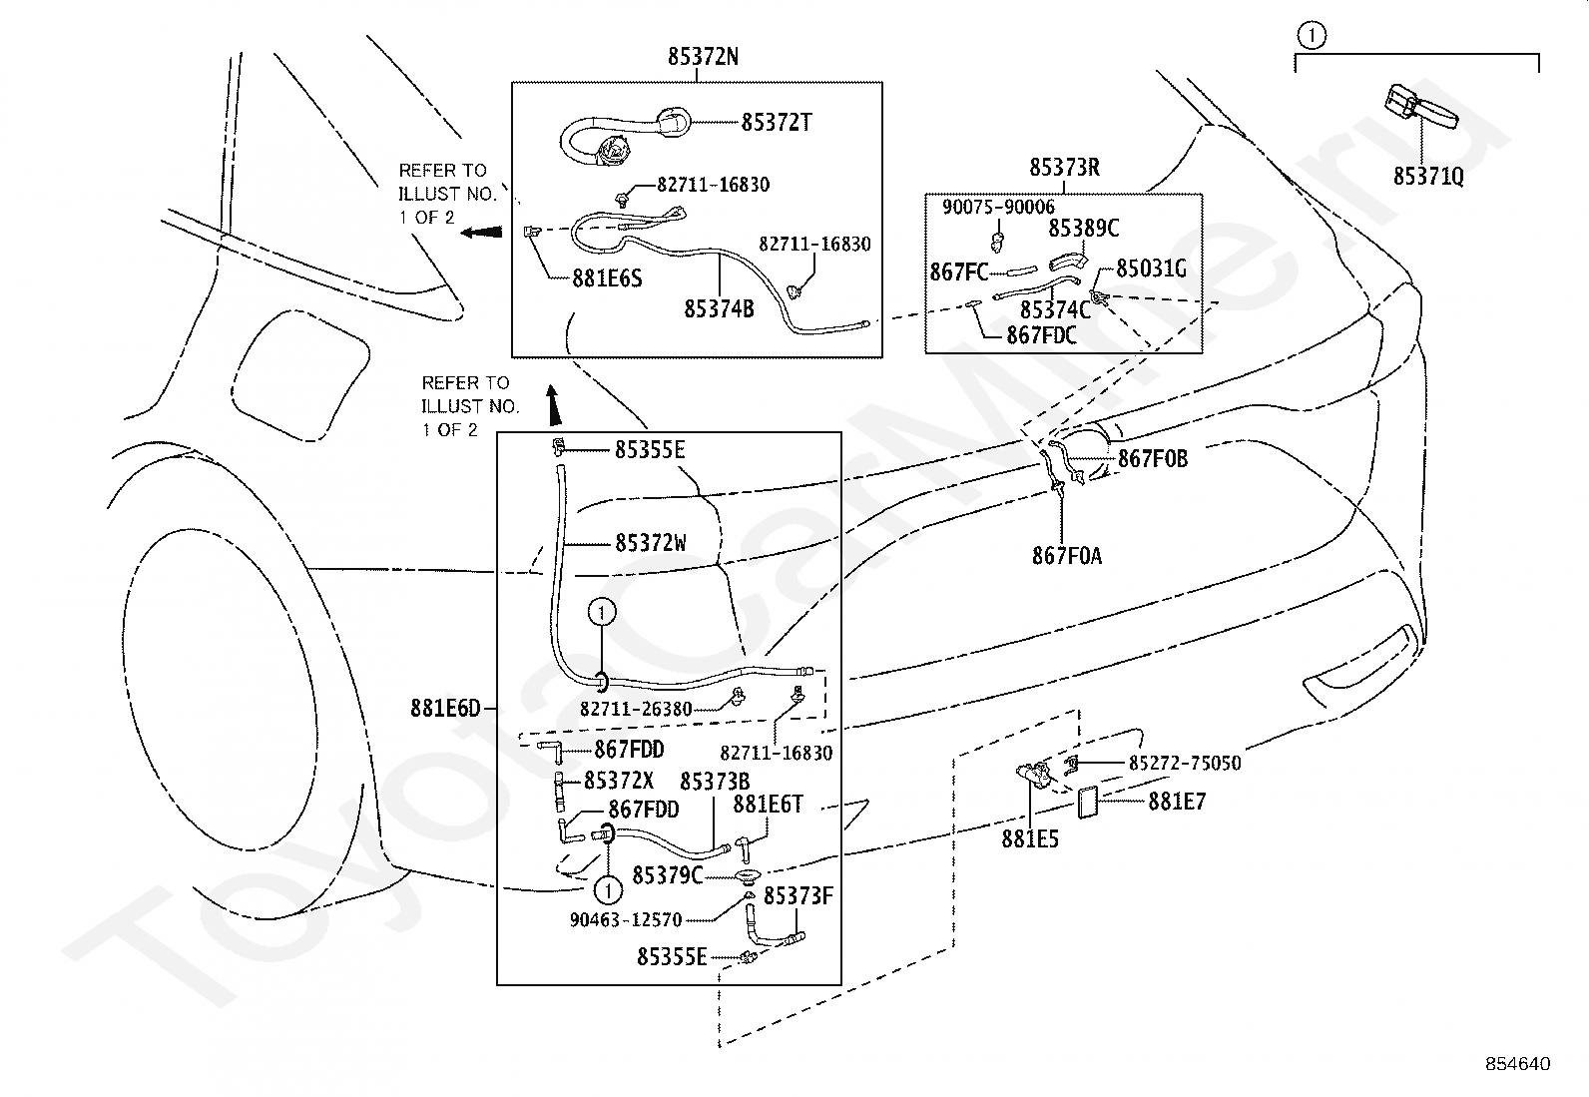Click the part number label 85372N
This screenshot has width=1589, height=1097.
[703, 57]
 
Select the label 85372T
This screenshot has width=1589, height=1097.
[777, 123]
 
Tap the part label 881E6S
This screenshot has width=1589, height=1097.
[607, 278]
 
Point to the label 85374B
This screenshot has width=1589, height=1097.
[719, 309]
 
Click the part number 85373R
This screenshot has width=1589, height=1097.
[1064, 168]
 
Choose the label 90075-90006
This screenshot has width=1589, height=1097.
[998, 208]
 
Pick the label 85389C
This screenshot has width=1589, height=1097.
[1083, 229]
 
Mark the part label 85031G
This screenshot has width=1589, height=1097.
[1151, 269]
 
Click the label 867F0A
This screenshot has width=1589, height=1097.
[1067, 556]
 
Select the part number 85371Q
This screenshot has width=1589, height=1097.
[1428, 177]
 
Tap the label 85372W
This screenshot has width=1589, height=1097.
[651, 544]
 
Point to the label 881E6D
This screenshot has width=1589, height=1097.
[445, 708]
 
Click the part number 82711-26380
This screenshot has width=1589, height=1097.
[636, 710]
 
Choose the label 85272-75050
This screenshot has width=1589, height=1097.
[1185, 764]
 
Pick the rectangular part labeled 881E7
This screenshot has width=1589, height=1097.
[1088, 803]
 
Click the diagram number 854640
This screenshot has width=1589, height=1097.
[1518, 1064]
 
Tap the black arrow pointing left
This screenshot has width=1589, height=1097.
[481, 232]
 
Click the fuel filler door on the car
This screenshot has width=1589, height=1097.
[300, 374]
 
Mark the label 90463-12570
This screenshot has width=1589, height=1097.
[626, 920]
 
